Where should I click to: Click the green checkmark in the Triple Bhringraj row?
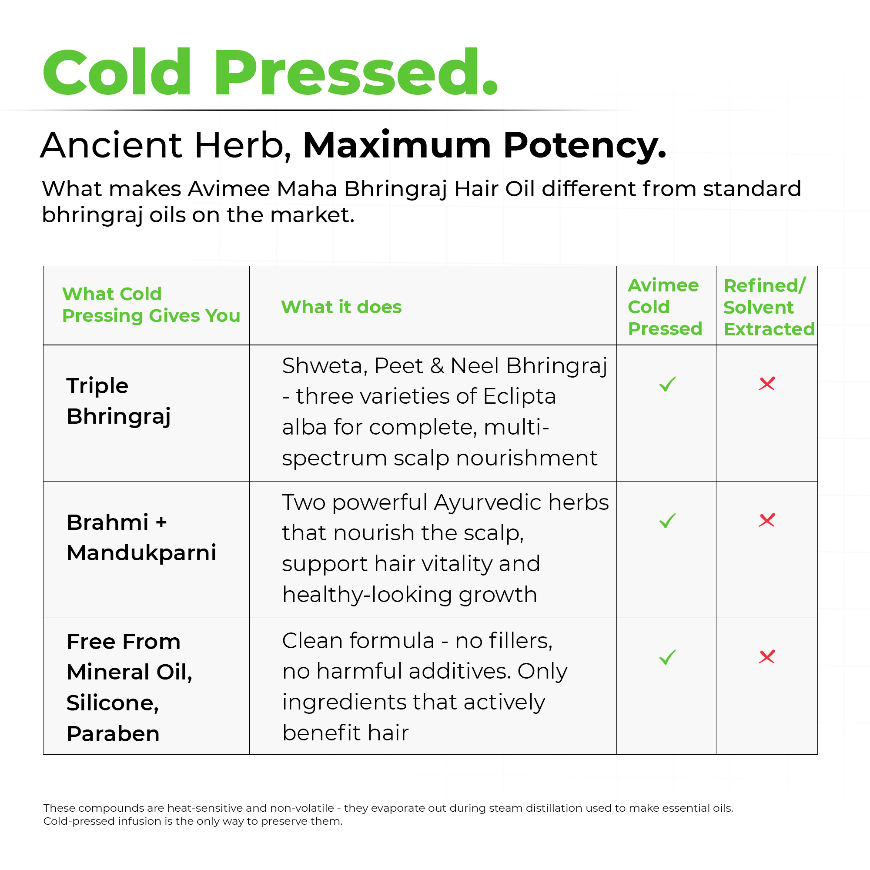tap(667, 384)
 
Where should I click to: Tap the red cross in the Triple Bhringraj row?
tap(767, 383)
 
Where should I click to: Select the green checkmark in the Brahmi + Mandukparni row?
tap(667, 521)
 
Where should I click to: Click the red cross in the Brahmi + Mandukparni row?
tap(767, 520)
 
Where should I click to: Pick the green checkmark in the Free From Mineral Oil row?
tap(667, 657)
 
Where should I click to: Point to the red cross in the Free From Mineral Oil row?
tap(767, 656)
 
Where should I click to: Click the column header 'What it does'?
tap(341, 307)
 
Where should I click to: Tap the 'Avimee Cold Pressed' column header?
tap(665, 307)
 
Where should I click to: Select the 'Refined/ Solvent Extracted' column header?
tap(769, 307)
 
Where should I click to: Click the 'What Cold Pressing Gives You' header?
tap(151, 305)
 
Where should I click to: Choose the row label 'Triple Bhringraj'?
tap(119, 401)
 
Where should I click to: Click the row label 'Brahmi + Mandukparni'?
tap(141, 538)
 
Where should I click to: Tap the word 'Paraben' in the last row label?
tap(113, 734)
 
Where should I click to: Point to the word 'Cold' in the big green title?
tap(117, 73)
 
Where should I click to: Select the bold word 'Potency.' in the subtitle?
tap(585, 146)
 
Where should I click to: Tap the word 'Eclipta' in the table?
tap(520, 397)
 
